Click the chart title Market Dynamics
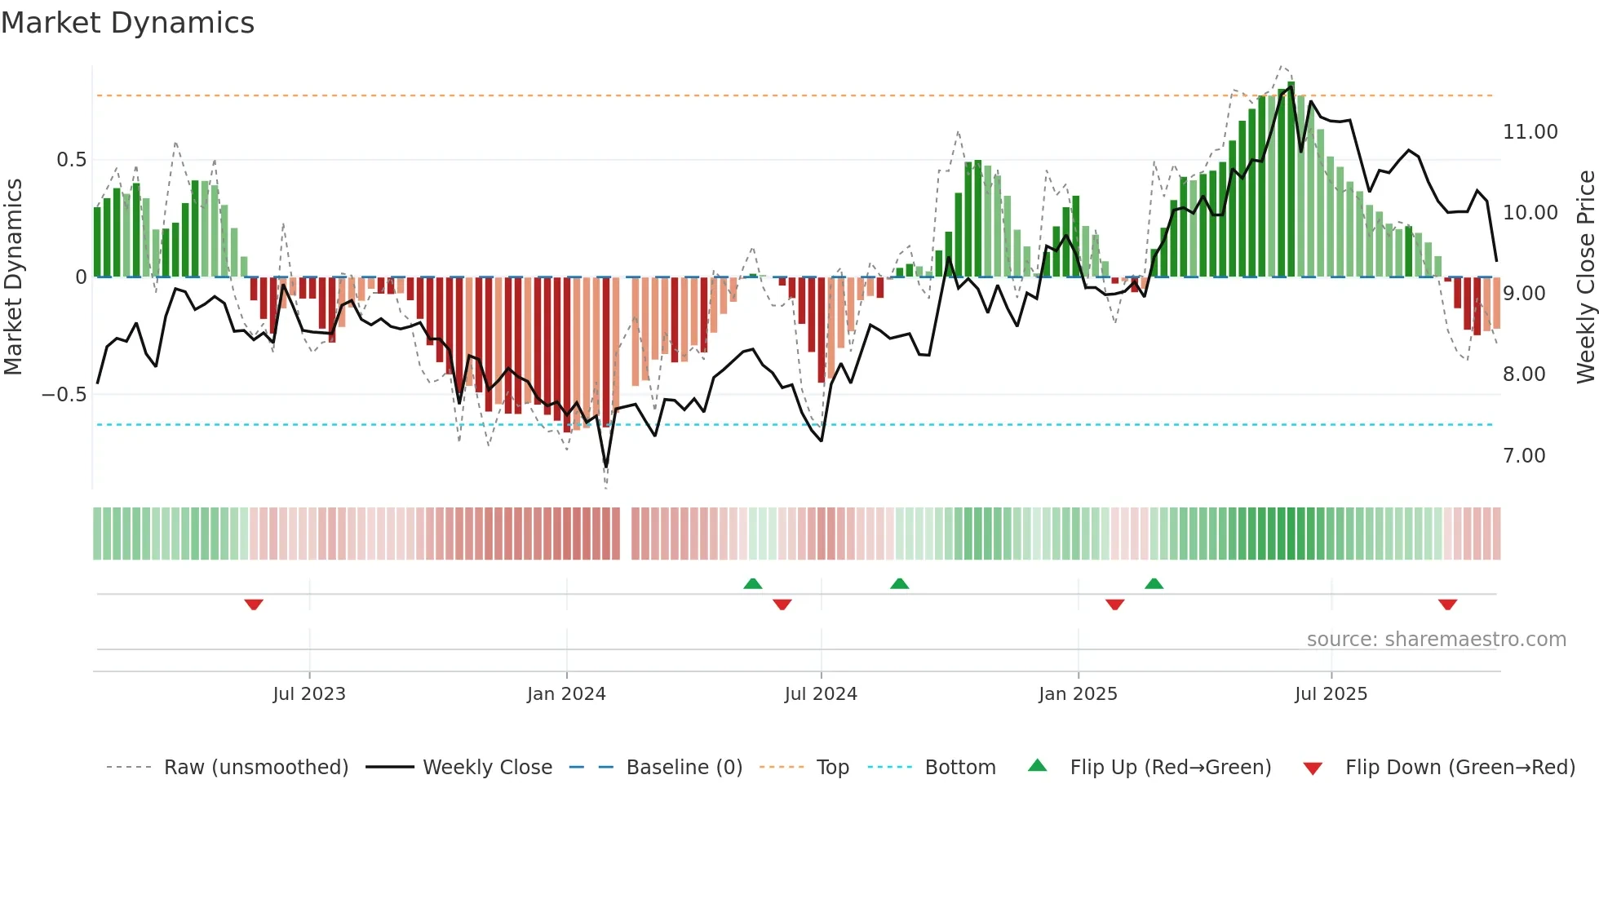(128, 23)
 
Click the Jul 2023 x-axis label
(309, 694)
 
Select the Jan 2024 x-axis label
(566, 694)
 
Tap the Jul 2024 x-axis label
(821, 694)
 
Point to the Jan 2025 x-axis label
(1078, 694)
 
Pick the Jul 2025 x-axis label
(1331, 694)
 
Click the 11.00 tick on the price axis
(1530, 132)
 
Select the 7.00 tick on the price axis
(1524, 456)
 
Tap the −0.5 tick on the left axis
(64, 395)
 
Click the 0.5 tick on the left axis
(72, 160)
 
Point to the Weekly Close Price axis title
(1585, 277)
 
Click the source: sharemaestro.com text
(1436, 640)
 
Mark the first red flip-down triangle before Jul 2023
(254, 604)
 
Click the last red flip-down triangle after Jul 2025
(1448, 604)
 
